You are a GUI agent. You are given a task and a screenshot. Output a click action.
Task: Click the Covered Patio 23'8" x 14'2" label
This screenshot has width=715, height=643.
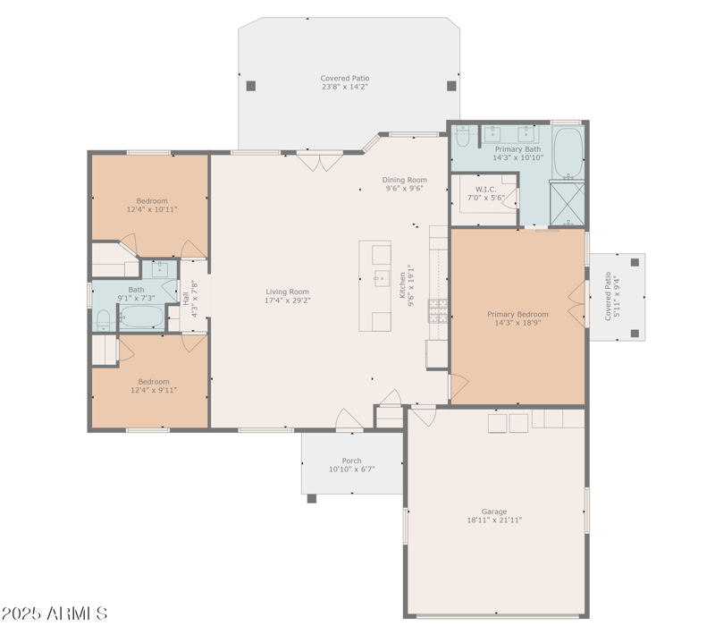pyautogui.click(x=345, y=82)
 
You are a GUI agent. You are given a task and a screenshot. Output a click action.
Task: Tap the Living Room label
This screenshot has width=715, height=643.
pyautogui.click(x=287, y=296)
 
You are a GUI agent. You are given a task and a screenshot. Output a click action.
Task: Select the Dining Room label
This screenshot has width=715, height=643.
pyautogui.click(x=405, y=184)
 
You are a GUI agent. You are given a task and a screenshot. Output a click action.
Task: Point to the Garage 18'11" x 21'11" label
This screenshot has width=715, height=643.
pyautogui.click(x=493, y=516)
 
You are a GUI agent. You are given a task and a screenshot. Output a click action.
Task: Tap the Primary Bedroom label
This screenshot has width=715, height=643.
pyautogui.click(x=517, y=319)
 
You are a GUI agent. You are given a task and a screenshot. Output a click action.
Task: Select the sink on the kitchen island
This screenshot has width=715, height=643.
pyautogui.click(x=381, y=276)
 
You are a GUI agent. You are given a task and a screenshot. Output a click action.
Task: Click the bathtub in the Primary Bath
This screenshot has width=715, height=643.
pyautogui.click(x=567, y=153)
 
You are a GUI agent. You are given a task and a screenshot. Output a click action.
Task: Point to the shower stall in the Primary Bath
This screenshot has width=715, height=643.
pyautogui.click(x=566, y=202)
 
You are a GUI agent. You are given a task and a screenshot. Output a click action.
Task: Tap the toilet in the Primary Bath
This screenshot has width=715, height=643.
pyautogui.click(x=462, y=137)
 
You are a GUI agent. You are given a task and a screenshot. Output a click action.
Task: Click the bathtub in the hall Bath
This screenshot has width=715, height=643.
pyautogui.click(x=141, y=317)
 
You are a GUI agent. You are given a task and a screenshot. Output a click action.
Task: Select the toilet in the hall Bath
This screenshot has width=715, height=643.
pyautogui.click(x=103, y=319)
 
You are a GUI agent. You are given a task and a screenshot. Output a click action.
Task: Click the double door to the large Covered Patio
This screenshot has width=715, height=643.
pyautogui.click(x=320, y=162)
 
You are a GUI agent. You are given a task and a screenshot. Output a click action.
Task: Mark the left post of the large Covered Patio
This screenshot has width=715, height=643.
pyautogui.click(x=251, y=86)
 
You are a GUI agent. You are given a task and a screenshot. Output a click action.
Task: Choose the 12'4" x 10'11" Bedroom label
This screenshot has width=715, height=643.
pyautogui.click(x=152, y=206)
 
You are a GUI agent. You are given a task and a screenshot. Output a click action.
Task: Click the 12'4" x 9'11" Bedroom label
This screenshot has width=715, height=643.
pyautogui.click(x=152, y=385)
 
